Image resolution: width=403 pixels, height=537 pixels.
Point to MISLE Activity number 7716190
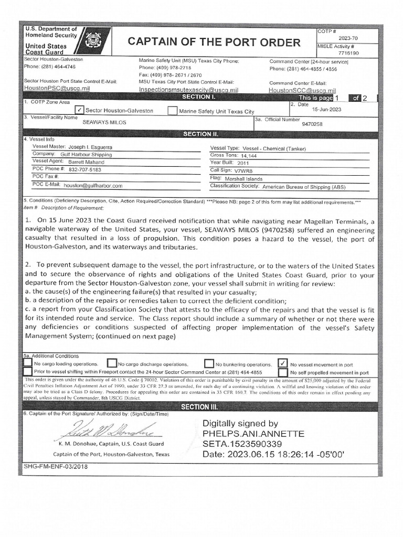[x=348, y=53]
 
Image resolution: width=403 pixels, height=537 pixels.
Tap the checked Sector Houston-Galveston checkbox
[x=79, y=110]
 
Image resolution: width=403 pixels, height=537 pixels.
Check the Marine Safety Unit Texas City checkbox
[x=172, y=111]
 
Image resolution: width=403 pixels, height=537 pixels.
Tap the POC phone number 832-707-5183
[x=85, y=170]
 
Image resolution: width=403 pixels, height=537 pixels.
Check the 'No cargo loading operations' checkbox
[x=27, y=363]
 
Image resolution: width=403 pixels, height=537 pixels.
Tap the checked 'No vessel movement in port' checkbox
[x=283, y=363]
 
